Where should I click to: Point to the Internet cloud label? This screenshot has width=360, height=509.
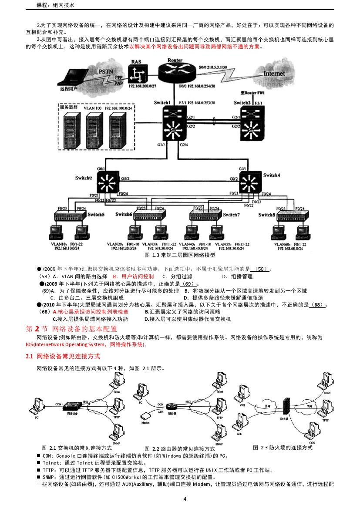click(x=274, y=74)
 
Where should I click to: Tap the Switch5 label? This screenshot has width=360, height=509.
click(x=96, y=215)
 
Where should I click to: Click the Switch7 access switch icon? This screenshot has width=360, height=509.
click(x=205, y=216)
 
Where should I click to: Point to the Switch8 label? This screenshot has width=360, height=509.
click(x=266, y=215)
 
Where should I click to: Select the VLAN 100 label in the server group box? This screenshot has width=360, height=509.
click(x=92, y=107)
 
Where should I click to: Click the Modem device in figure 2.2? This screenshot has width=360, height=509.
click(x=145, y=417)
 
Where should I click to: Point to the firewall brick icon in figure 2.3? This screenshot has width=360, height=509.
click(x=286, y=408)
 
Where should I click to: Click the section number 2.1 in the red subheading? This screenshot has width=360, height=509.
click(x=30, y=357)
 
